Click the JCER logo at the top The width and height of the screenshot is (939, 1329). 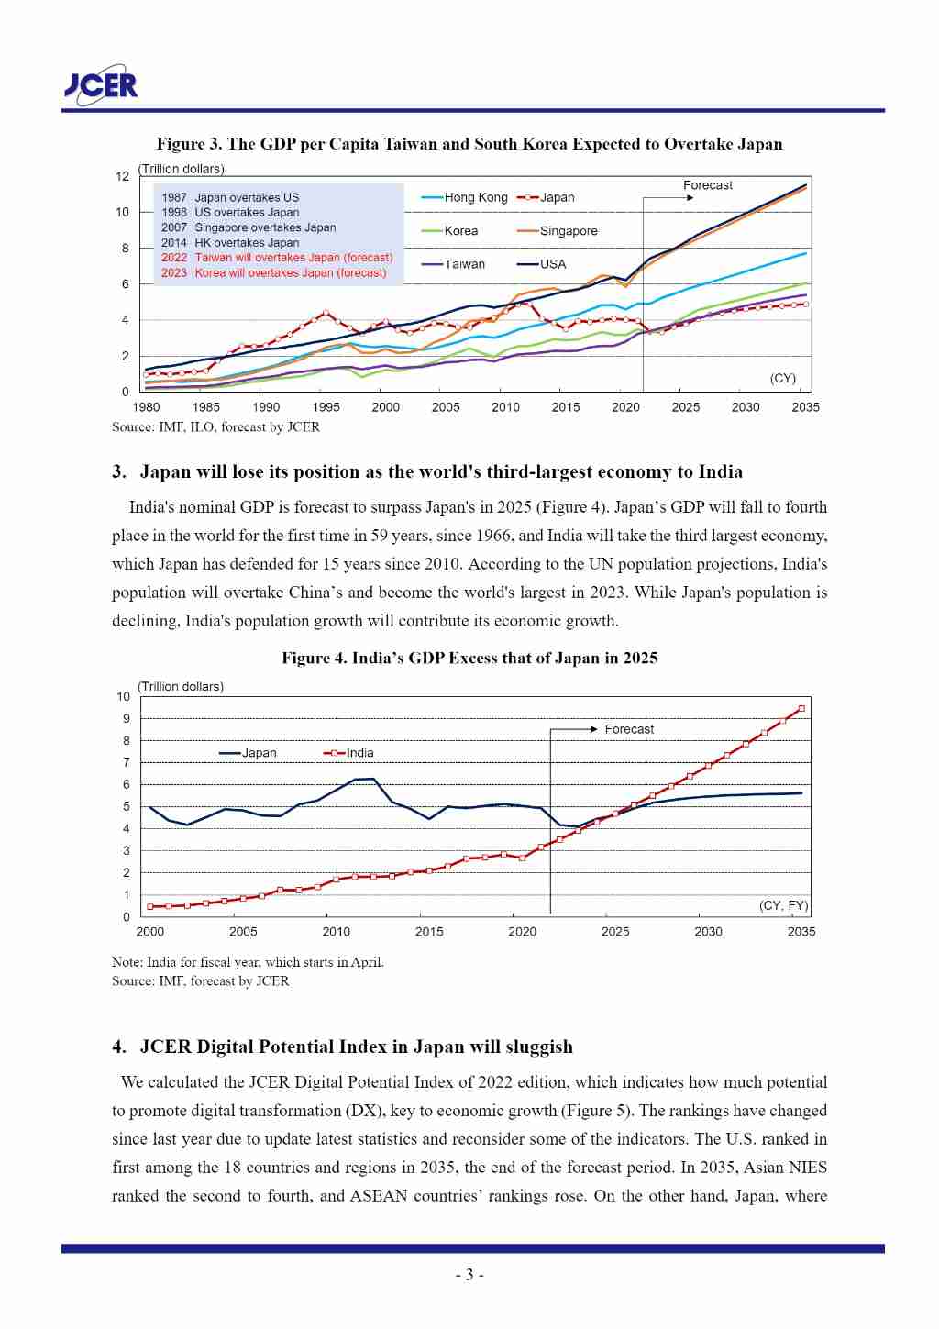tap(101, 84)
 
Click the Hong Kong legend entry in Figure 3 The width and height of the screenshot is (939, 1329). tap(465, 197)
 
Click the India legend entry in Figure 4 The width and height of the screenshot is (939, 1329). tap(349, 753)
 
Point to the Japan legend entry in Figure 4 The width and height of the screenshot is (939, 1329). tap(249, 753)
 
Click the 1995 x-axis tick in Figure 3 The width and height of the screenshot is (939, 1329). tap(326, 407)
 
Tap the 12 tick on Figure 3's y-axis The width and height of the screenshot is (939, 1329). tap(122, 176)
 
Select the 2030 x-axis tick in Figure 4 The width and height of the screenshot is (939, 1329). tap(708, 932)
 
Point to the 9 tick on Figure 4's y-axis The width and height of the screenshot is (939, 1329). tap(127, 718)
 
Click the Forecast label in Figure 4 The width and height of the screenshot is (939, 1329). tap(629, 729)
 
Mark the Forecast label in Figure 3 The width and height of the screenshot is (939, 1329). tap(708, 185)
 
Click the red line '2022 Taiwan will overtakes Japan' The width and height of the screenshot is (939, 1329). tap(277, 258)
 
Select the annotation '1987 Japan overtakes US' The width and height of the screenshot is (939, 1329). tap(230, 197)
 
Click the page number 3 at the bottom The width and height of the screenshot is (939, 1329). tap(469, 1275)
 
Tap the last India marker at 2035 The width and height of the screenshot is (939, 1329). tap(801, 708)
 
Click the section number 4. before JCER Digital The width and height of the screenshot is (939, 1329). tap(119, 1047)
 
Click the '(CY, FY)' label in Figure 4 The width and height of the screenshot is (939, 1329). tap(783, 905)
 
